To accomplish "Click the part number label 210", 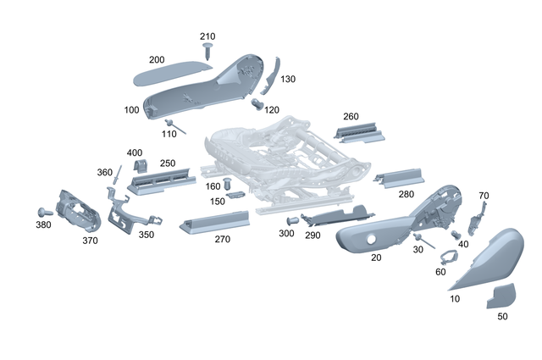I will coord(208,36).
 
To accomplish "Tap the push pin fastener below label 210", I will coord(208,53).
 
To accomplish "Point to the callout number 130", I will coord(287,79).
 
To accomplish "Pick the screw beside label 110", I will coord(169,125).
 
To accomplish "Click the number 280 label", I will coord(406,194).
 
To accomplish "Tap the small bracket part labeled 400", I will coord(143,167).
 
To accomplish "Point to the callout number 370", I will coord(91,241).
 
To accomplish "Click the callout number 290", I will coord(312,235).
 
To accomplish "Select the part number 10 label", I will coord(455,299).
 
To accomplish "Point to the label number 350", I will coord(147,235).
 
